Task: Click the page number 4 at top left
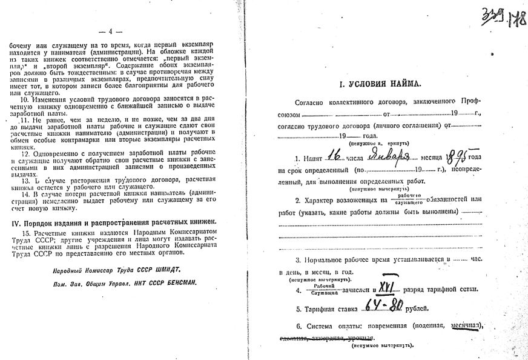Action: pyautogui.click(x=114, y=31)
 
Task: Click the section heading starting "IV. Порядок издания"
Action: pyautogui.click(x=113, y=222)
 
